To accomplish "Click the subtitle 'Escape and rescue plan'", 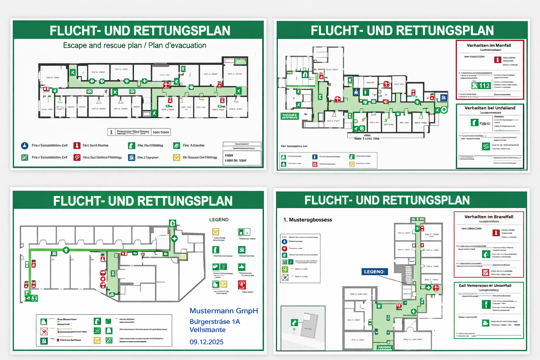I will tap(102, 45).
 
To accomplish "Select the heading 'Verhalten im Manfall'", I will tap(489, 45).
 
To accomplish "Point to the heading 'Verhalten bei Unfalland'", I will tap(490, 108).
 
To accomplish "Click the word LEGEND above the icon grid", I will tap(219, 220).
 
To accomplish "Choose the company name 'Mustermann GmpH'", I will tap(224, 311).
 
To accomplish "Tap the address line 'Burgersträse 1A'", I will tap(214, 322).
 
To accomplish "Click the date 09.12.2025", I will tap(206, 342).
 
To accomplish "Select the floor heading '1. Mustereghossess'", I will tap(308, 220).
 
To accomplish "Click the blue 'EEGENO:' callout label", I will tap(374, 272).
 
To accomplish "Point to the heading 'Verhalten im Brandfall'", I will tap(489, 217).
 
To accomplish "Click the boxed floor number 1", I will tap(111, 132).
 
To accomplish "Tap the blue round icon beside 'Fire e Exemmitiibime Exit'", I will tap(25, 146).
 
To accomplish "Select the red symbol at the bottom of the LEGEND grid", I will tap(242, 285).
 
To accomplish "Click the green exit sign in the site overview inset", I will tap(294, 322).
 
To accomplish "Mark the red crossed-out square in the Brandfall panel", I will tap(486, 272).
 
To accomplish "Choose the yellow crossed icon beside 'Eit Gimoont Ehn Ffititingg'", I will tap(176, 157).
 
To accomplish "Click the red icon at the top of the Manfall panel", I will tap(497, 60).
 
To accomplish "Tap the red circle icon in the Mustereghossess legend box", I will tap(284, 249).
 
